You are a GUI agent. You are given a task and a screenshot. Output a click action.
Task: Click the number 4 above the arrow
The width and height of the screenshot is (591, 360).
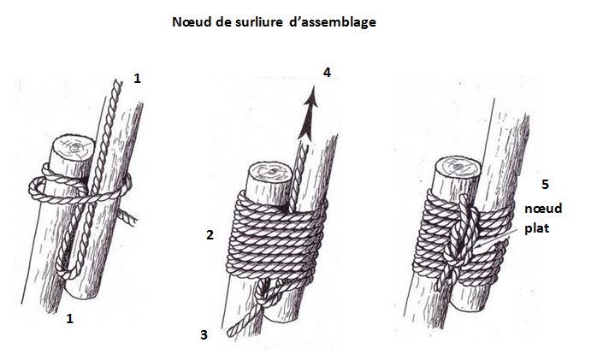(x=327, y=74)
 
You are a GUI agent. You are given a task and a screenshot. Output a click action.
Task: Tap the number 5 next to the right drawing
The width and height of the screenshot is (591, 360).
(x=545, y=184)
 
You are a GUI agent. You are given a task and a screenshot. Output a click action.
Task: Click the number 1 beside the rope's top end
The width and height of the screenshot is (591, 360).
(x=137, y=79)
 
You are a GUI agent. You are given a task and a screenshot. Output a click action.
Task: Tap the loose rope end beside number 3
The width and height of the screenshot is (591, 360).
(x=235, y=325)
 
